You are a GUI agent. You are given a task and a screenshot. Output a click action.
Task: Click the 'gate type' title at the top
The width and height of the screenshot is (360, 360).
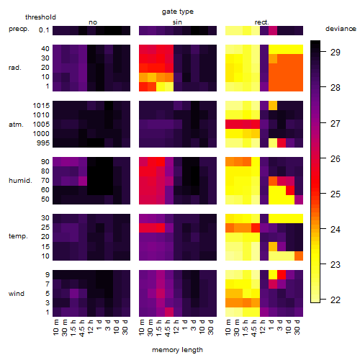tap(178, 12)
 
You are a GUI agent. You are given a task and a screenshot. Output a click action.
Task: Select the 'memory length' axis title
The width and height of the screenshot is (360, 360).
tap(177, 350)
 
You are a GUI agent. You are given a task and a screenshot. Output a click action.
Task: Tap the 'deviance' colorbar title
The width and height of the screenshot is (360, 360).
tap(341, 29)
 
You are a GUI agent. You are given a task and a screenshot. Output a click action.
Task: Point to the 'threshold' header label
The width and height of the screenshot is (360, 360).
tap(40, 17)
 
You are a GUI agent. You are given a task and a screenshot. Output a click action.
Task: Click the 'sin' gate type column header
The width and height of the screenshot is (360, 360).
tap(177, 22)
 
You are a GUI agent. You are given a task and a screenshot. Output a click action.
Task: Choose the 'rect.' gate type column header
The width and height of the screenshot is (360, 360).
tap(261, 22)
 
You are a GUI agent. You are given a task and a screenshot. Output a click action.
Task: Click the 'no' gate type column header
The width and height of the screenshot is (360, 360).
tap(93, 22)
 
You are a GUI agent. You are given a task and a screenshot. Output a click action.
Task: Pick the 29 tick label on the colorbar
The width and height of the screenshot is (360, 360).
tap(336, 53)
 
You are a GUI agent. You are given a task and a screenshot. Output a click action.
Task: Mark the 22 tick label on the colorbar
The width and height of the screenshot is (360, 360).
tap(336, 300)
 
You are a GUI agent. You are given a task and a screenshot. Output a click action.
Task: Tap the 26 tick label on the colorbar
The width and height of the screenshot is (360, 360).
tap(336, 159)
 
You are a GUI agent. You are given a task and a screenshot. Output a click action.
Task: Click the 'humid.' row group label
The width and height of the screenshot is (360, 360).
tap(20, 181)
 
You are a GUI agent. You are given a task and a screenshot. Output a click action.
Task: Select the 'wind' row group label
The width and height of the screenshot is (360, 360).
tap(17, 294)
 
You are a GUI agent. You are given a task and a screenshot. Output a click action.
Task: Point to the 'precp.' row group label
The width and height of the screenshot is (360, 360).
tap(19, 30)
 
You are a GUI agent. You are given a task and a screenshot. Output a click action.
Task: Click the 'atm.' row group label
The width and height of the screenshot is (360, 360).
tap(16, 125)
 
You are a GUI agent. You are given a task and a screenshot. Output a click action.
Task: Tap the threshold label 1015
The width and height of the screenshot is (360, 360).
tap(41, 106)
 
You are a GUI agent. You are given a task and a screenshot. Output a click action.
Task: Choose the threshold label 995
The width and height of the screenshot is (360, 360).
tap(43, 143)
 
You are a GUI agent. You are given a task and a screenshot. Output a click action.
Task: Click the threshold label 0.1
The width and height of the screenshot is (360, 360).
tap(44, 30)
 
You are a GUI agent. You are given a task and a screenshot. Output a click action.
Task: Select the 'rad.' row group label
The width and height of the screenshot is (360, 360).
tap(15, 68)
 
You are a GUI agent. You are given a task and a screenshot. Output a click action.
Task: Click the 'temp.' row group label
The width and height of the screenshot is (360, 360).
tap(18, 236)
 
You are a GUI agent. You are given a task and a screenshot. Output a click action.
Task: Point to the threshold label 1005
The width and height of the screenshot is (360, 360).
tap(41, 125)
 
